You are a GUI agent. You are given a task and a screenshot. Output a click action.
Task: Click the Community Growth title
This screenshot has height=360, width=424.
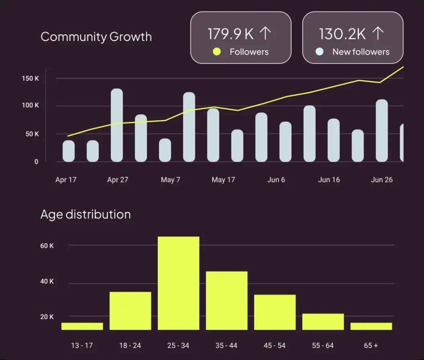point(96,37)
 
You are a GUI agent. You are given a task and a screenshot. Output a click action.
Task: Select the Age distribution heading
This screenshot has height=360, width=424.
point(86,214)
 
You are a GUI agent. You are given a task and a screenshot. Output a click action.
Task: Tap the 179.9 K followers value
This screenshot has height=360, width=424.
point(231,34)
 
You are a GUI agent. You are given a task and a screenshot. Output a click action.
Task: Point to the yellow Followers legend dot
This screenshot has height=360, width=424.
point(217,52)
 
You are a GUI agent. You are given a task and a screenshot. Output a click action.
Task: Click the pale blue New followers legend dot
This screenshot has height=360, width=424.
point(319,52)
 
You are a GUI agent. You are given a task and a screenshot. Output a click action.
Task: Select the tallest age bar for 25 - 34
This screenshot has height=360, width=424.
point(178,283)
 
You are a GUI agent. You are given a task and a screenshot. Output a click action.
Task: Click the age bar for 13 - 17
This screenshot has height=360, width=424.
point(82,326)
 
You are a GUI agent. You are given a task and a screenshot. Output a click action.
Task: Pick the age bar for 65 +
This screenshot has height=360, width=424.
point(371,326)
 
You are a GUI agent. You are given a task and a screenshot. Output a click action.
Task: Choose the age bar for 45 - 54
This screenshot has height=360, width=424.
point(275,312)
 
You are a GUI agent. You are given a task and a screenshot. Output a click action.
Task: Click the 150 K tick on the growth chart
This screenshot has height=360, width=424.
point(31,79)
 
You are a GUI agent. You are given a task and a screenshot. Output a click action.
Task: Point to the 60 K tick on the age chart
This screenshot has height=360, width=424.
point(47,246)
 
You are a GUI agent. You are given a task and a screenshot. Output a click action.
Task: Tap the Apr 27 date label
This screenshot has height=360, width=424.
point(118,180)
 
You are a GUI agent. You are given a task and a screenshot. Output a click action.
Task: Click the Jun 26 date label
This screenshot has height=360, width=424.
point(382,180)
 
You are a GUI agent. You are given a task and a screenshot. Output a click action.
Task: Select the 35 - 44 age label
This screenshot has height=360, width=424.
point(226,346)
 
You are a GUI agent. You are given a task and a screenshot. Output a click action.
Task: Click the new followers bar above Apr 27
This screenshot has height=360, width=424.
point(117,125)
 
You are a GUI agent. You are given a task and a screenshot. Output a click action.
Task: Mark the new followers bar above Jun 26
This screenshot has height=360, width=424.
point(382,130)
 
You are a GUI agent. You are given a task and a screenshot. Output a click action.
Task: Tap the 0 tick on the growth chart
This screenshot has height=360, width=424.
point(36,162)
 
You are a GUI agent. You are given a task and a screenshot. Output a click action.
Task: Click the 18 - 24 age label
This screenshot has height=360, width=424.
point(130,346)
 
